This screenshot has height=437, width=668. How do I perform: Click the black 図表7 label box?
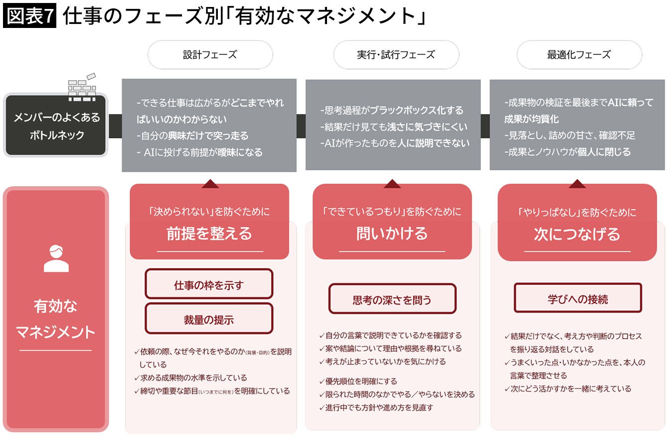coord(29,15)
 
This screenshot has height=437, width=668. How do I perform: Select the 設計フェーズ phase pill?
coord(210,54)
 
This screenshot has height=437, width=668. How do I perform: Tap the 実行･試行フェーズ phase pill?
coord(396,54)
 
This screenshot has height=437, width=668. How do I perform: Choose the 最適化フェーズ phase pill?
coord(579,54)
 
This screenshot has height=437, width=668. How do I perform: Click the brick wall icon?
coord(82,87)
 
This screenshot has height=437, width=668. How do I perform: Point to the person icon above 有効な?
coord(56,258)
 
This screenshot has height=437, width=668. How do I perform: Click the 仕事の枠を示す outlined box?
coord(209,284)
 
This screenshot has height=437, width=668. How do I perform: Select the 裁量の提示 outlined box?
coord(209,319)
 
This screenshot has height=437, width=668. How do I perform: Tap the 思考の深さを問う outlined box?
coord(392,299)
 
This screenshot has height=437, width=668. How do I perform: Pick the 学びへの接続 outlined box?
coord(578,298)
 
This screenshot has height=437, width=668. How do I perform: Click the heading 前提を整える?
coord(209,234)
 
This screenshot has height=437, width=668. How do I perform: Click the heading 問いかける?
coord(392,234)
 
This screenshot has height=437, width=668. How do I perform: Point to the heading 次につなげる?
coord(577,234)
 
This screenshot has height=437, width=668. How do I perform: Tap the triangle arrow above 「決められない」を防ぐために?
coord(210,184)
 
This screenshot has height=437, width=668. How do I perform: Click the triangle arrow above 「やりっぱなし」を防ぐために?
coord(577,184)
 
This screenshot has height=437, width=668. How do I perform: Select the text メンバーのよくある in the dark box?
coord(57,117)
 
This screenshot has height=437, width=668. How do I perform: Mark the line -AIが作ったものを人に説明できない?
coord(395,143)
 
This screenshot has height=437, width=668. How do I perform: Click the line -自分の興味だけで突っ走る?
coord(192,136)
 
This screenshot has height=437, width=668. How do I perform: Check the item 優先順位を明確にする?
coord(358,381)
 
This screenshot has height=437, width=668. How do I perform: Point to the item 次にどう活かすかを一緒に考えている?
coord(568,389)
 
